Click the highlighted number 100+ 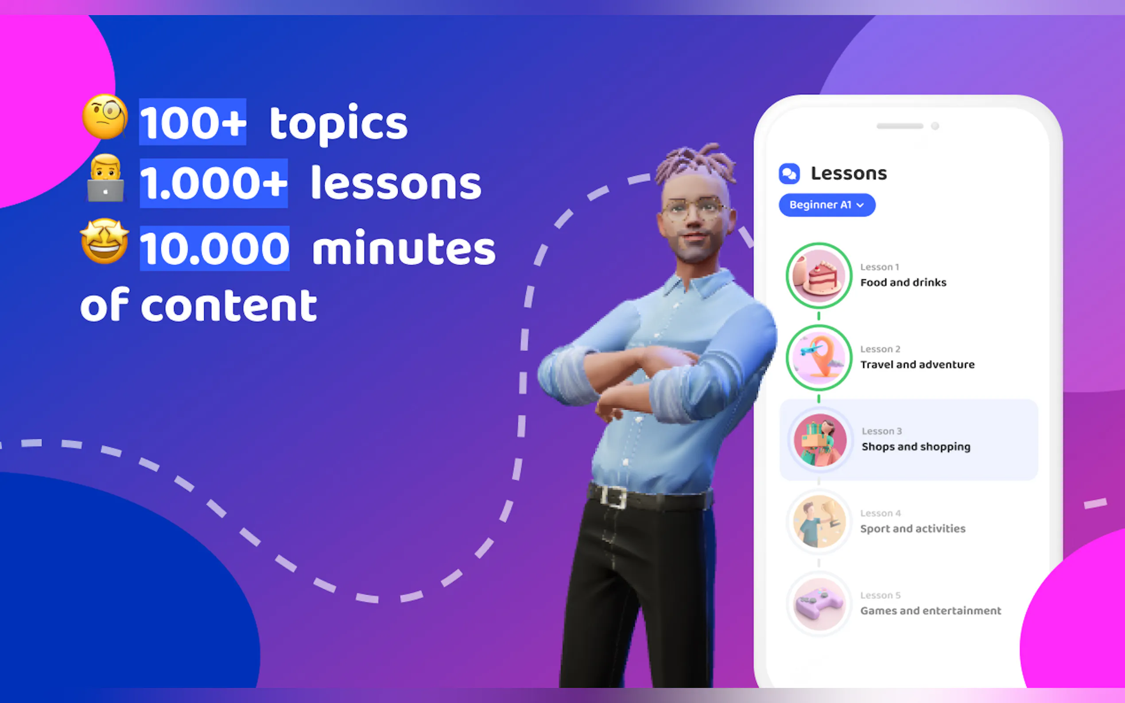point(193,122)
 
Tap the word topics point(338,123)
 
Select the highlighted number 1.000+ point(213,183)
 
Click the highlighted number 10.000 point(214,248)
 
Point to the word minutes point(403,249)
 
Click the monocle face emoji point(105,116)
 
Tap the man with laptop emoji point(105,178)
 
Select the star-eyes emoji point(105,241)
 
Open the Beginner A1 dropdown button point(827,205)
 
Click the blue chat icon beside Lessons point(789,174)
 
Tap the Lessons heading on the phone point(849,174)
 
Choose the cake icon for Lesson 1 point(819,276)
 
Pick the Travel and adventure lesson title point(917,364)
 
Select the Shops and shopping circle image point(820,440)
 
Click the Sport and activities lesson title point(912,529)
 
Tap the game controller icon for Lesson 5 point(819,604)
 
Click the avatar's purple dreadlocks point(695,165)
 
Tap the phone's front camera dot point(935,126)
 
